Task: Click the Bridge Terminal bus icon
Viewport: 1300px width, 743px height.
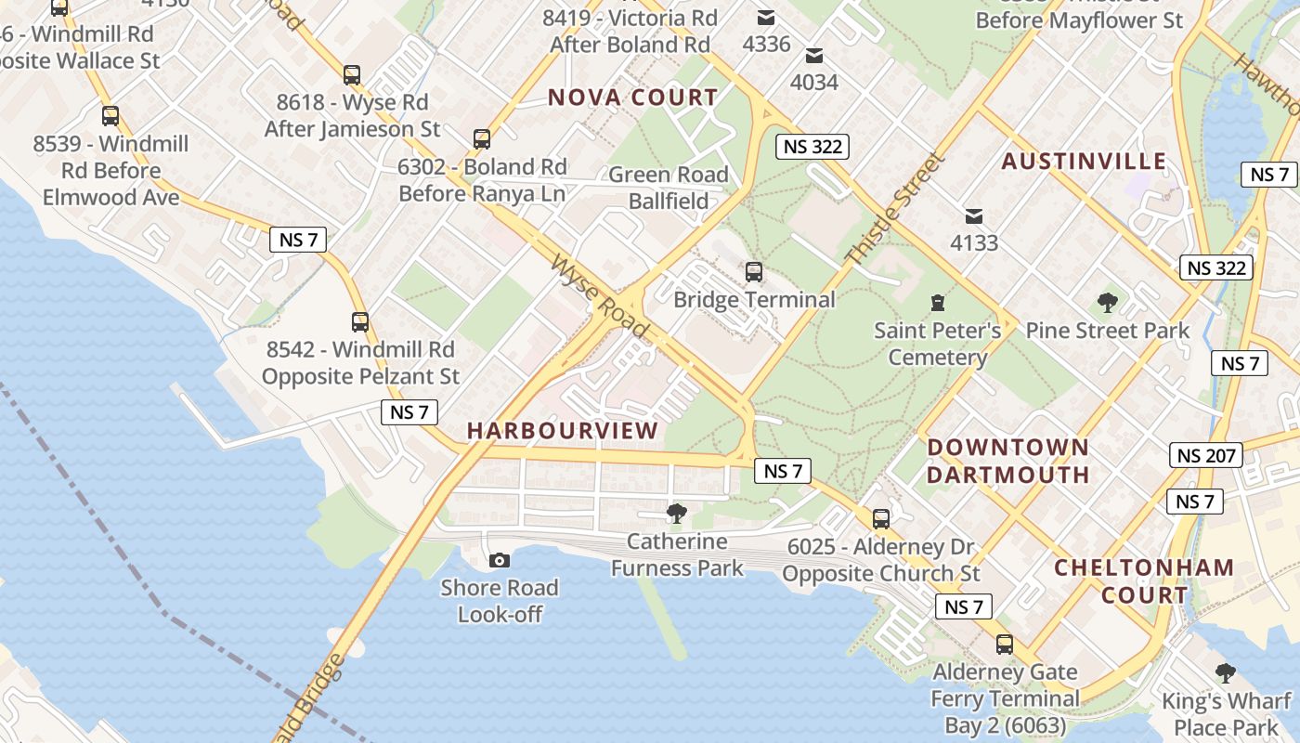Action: [x=754, y=272]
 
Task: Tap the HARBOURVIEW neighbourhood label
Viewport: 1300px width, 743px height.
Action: [x=563, y=431]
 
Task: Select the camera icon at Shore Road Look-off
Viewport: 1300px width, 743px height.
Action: [x=500, y=560]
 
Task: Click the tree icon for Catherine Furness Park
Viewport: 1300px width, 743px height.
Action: [x=677, y=513]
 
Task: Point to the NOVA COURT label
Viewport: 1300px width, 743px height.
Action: [x=632, y=98]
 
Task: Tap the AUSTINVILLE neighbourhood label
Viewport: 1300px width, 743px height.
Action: [x=1084, y=161]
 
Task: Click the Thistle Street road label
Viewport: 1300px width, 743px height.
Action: [x=895, y=209]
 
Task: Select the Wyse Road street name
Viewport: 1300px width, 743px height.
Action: [x=599, y=297]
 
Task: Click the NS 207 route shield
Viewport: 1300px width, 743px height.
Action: [x=1206, y=455]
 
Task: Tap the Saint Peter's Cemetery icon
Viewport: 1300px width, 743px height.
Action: [x=938, y=303]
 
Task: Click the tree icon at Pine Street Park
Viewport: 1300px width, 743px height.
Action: [x=1107, y=303]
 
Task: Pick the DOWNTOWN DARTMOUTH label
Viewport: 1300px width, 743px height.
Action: [x=1008, y=461]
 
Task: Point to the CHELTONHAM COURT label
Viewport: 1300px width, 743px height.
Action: [x=1144, y=580]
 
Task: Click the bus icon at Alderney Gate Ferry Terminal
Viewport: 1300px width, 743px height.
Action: [x=1004, y=644]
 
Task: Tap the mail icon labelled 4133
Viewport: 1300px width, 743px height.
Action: [x=973, y=216]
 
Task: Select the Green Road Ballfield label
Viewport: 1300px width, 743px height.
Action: [x=669, y=188]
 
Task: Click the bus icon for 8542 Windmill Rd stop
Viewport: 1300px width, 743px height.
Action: [x=360, y=322]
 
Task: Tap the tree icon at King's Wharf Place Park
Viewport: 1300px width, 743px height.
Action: [x=1226, y=673]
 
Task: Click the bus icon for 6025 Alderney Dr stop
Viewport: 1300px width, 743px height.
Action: [x=880, y=519]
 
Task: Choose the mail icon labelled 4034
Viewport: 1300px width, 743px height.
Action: [x=814, y=56]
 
